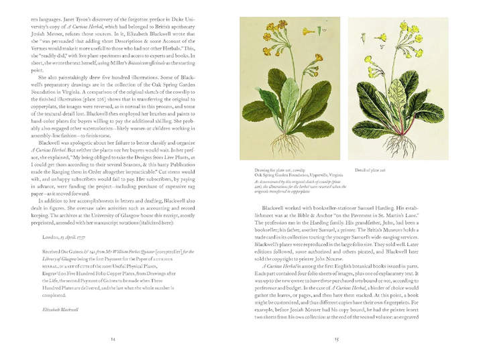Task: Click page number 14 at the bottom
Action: pos(112,339)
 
